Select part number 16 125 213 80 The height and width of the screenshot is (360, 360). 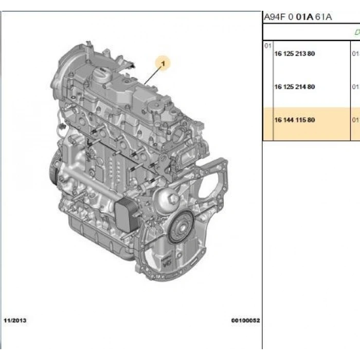[295, 53]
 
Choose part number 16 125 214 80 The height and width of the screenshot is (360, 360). [295, 86]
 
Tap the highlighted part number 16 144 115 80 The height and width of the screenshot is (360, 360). [295, 120]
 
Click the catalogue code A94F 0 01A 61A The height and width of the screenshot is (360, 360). [298, 17]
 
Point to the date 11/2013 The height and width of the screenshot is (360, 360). [15, 320]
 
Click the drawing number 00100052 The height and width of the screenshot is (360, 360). [245, 320]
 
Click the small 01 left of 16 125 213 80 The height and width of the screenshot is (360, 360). [267, 46]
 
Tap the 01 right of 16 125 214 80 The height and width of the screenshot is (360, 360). [355, 86]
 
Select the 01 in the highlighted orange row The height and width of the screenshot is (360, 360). [355, 120]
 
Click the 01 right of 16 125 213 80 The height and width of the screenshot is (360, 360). [355, 53]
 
